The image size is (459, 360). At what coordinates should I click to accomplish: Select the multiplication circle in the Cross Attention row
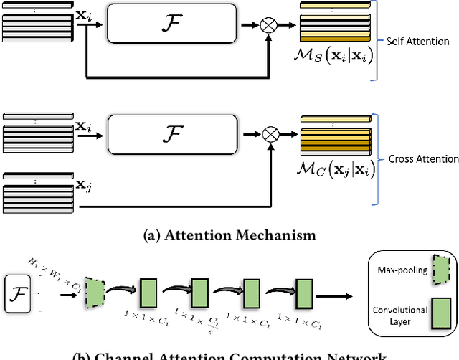(x=270, y=133)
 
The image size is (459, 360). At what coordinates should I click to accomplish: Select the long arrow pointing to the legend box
(x=339, y=295)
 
